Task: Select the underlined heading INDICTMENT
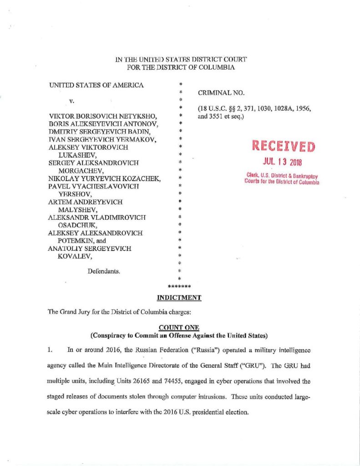tap(179, 298)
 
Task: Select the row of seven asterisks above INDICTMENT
tap(179, 287)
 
